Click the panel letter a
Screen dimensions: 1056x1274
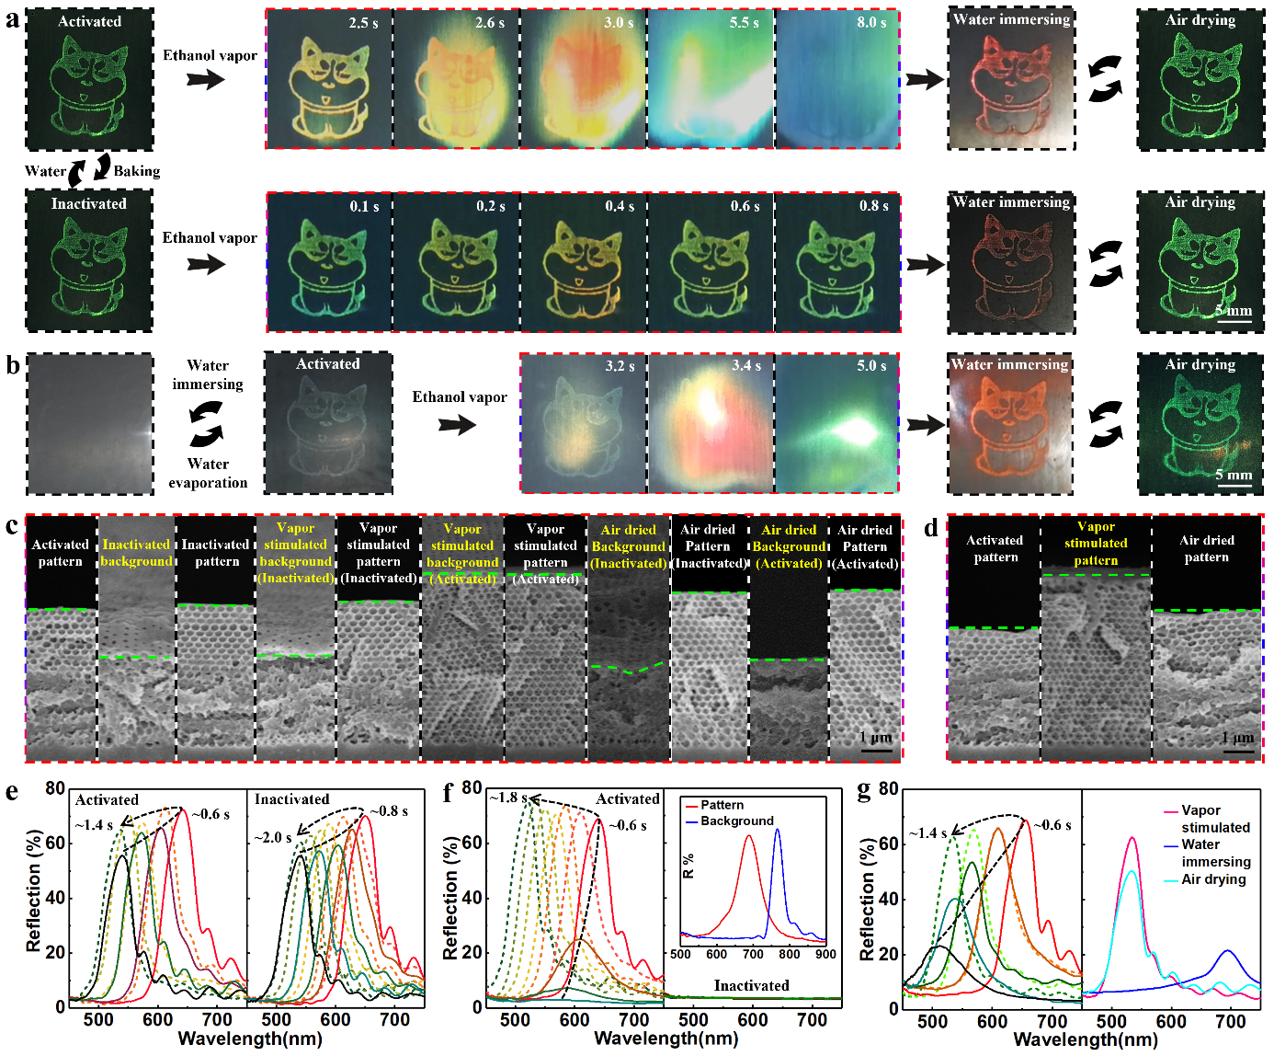tap(12, 18)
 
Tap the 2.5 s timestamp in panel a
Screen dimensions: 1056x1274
tap(363, 23)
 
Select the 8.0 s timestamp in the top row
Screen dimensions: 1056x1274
tap(871, 22)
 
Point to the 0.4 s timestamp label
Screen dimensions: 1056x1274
tap(620, 206)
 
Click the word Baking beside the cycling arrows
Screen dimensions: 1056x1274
tap(137, 171)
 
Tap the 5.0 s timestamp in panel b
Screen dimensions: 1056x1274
tap(871, 366)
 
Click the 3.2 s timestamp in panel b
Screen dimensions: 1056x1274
tap(620, 366)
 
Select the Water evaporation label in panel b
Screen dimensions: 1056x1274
tap(208, 473)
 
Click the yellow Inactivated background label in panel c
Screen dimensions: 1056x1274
tap(136, 553)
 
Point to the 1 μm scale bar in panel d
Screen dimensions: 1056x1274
tap(1238, 750)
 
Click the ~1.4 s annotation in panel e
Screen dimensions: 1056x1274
tap(94, 825)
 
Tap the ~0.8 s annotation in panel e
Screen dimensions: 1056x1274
tap(389, 811)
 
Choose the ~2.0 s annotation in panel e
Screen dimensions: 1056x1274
tap(273, 837)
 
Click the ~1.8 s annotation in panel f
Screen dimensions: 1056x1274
tap(508, 798)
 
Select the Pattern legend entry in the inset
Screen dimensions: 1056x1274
tap(722, 805)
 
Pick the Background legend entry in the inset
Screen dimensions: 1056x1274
tap(736, 821)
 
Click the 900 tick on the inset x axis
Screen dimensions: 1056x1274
tap(825, 953)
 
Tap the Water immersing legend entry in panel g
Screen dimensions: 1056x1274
tap(1215, 853)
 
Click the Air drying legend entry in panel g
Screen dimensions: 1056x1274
tap(1213, 879)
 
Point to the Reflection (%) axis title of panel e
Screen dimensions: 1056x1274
tap(34, 890)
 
